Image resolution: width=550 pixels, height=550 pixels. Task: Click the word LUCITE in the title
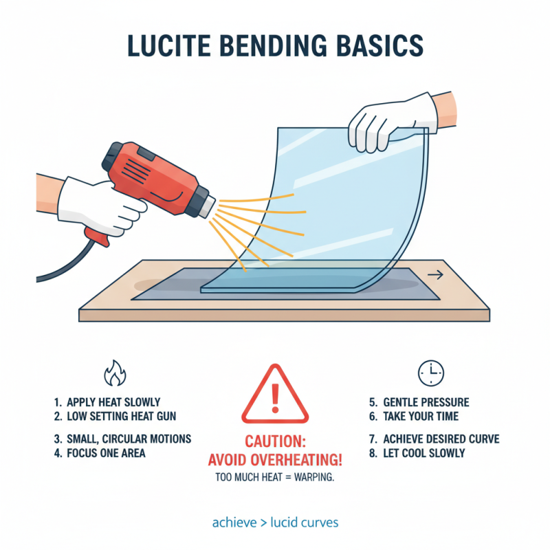point(169,45)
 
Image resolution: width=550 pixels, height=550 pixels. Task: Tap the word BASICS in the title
point(380,45)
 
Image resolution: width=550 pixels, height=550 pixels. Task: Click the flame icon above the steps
point(115,373)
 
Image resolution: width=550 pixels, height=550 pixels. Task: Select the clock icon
point(431,373)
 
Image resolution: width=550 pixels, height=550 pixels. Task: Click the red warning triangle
point(275,394)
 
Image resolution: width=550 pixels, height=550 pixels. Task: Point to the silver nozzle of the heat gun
point(209,208)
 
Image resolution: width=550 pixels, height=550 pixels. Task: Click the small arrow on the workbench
point(435,275)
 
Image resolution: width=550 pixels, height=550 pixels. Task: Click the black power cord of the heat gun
point(67,262)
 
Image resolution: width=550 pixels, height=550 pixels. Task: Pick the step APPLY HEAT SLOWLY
point(107,402)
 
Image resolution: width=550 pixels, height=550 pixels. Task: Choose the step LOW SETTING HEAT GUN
point(115,417)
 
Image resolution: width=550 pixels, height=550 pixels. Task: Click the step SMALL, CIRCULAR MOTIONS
point(123,439)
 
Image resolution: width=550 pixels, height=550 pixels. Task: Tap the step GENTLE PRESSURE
point(419,402)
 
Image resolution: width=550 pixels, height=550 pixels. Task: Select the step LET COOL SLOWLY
point(417,453)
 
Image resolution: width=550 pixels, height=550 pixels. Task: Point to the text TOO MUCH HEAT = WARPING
point(275,477)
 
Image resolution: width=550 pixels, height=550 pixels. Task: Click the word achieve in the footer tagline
point(234,522)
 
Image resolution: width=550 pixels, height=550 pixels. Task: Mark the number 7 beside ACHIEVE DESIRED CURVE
point(372,439)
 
